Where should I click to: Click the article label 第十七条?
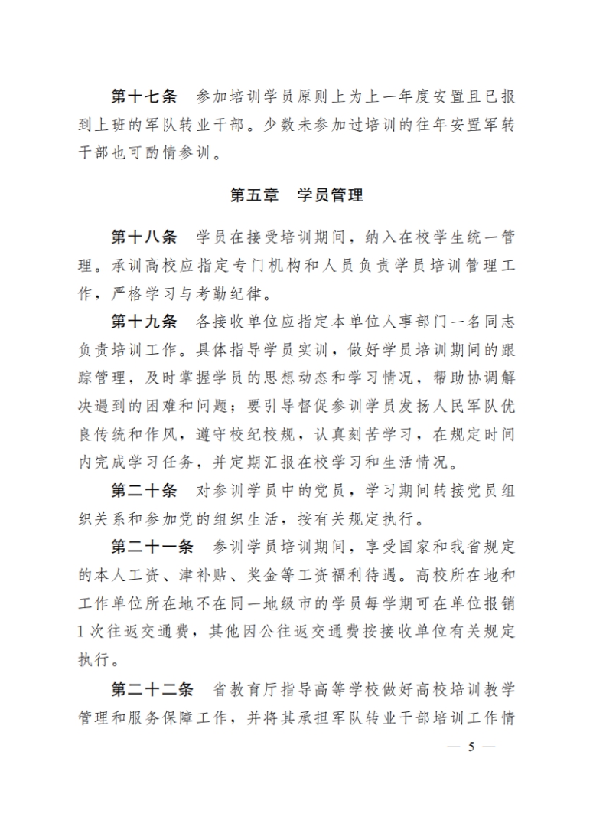click(144, 97)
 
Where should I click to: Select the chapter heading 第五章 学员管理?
click(296, 195)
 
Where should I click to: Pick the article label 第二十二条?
click(152, 690)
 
